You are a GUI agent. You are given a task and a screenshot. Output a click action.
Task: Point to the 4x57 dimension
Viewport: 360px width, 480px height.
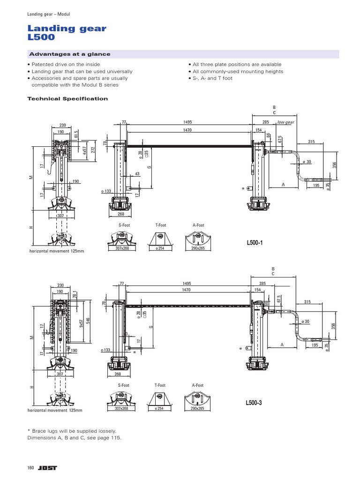[84, 150]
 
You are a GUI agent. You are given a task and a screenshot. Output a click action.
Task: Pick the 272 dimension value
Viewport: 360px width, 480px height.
[93, 150]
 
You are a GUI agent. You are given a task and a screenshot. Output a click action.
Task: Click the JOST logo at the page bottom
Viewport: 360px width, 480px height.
[46, 468]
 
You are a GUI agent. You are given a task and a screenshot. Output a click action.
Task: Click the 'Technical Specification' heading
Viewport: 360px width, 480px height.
[68, 99]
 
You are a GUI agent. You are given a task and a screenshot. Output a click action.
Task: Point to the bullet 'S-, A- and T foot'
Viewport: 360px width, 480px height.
[212, 78]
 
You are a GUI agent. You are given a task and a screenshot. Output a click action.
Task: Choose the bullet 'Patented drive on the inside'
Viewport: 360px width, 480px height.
[66, 64]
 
